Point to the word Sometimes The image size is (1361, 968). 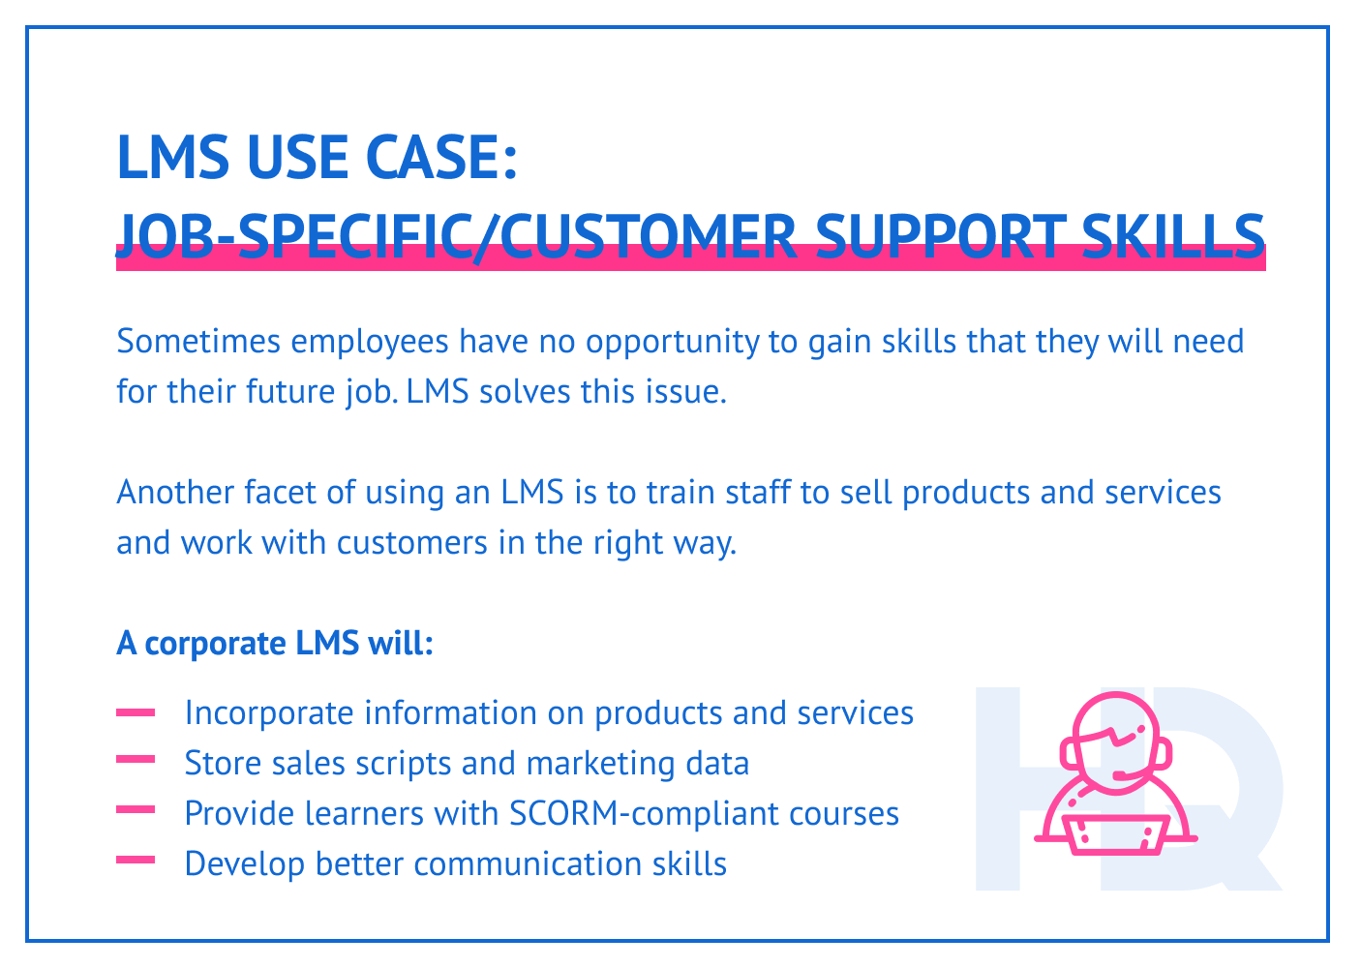point(197,342)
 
